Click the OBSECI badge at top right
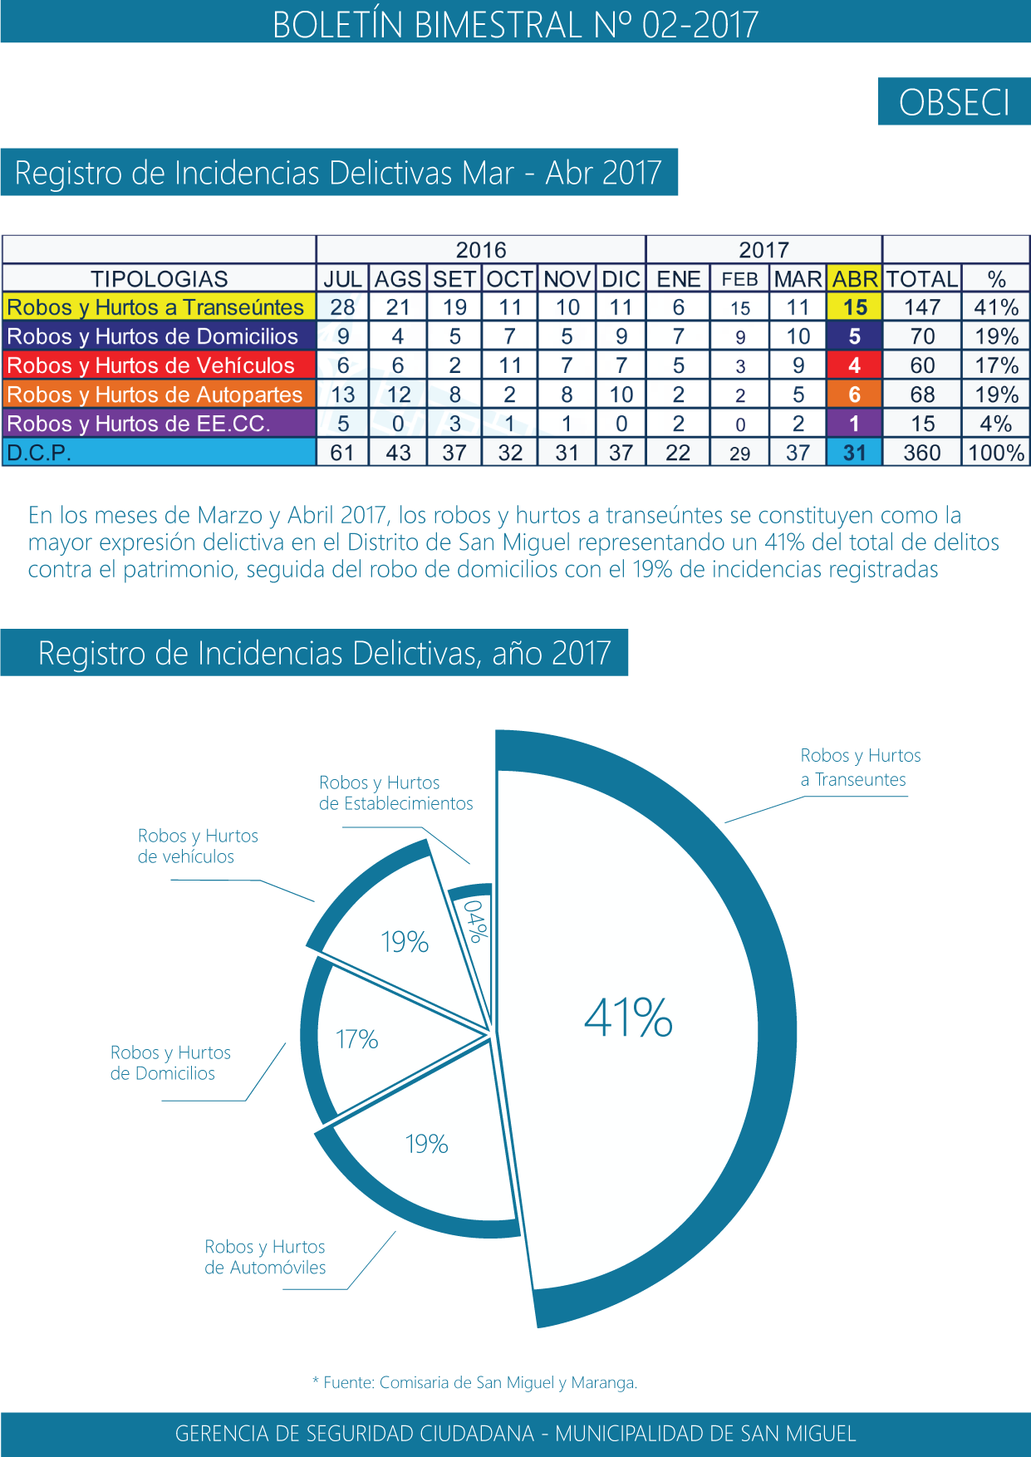(954, 102)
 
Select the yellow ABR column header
(855, 279)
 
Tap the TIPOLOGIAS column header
(159, 279)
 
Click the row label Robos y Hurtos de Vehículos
(151, 365)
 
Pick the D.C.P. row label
(40, 453)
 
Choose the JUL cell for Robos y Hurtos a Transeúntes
(342, 307)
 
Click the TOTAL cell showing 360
(922, 453)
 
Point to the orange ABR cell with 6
(854, 395)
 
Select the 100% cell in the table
(996, 453)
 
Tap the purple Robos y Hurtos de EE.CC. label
(139, 424)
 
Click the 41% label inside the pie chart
(628, 1018)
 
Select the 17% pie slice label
(356, 1039)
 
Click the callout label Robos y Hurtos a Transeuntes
(860, 768)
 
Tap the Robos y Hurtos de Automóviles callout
(265, 1257)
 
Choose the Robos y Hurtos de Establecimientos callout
(395, 792)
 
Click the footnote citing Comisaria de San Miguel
(475, 1382)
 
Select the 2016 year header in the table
(481, 250)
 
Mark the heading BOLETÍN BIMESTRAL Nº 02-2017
(515, 24)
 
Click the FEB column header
(739, 279)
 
